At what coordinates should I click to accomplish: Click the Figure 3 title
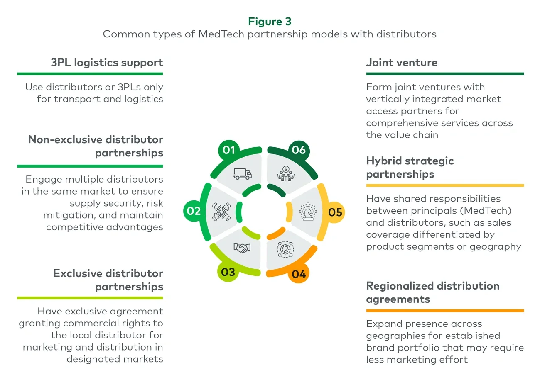270,22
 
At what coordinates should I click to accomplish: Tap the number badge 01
229,150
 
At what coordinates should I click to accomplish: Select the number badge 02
194,211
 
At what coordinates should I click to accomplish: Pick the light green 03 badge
228,272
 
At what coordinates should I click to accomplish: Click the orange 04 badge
299,274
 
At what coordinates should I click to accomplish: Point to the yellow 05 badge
335,212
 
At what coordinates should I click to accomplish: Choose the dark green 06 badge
299,150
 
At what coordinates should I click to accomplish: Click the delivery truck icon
243,174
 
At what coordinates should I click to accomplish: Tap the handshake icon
242,248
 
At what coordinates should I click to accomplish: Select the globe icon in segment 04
285,249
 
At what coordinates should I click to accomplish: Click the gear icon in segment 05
308,212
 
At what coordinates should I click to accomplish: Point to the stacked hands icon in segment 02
221,212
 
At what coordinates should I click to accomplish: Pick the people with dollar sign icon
286,174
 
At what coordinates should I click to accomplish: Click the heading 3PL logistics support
107,63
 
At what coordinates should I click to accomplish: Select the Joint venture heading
402,63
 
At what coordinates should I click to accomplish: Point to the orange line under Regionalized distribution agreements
445,310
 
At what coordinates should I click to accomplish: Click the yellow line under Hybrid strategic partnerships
445,185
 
